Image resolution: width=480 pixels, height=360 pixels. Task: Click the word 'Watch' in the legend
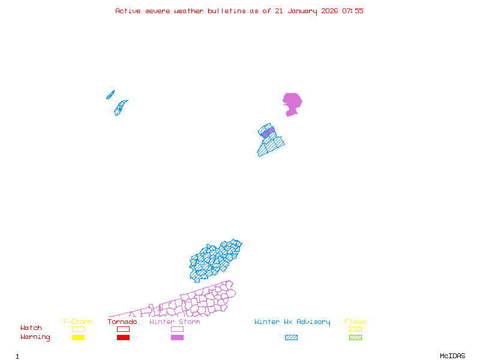[x=31, y=328]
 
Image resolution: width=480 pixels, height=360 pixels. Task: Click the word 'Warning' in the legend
[x=35, y=337]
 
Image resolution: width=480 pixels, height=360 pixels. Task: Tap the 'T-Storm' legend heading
[x=77, y=322]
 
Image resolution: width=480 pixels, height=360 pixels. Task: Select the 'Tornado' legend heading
[x=122, y=322]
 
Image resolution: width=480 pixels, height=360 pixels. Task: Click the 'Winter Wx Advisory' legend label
[x=292, y=322]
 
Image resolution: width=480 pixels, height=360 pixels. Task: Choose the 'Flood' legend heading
[x=355, y=322]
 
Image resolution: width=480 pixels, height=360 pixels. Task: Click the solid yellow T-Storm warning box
[x=78, y=338]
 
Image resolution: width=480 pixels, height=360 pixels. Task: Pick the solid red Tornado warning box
[x=123, y=338]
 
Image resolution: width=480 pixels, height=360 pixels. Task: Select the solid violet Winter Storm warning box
[x=177, y=338]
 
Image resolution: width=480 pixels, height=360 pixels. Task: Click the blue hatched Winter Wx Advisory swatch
[x=291, y=338]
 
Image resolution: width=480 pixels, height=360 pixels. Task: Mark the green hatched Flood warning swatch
[x=355, y=338]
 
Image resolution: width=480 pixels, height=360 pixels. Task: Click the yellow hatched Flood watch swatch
[x=355, y=329]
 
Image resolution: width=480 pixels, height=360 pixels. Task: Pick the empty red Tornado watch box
[x=123, y=329]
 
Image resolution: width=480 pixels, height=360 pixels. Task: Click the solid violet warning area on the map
[x=292, y=102]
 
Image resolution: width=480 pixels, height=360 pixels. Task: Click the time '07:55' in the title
[x=353, y=11]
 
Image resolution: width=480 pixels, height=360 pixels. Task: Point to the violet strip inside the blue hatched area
[x=268, y=132]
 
